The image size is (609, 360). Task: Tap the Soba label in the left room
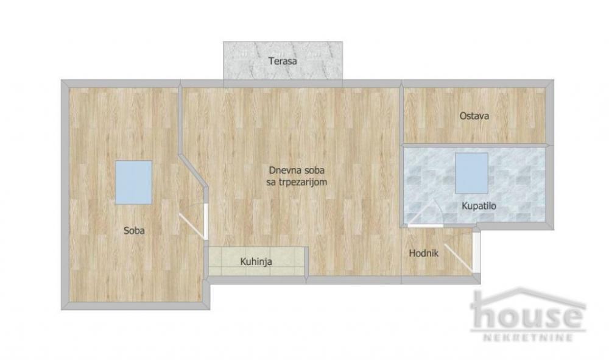(x=134, y=230)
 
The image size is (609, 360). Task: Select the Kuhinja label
(x=256, y=263)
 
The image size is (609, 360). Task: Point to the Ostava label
(x=474, y=116)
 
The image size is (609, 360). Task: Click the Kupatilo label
(x=479, y=206)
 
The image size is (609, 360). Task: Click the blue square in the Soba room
(x=133, y=182)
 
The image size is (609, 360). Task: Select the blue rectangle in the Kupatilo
(x=472, y=172)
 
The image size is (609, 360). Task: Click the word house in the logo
(x=527, y=314)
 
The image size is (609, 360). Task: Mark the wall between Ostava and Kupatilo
(x=475, y=145)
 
